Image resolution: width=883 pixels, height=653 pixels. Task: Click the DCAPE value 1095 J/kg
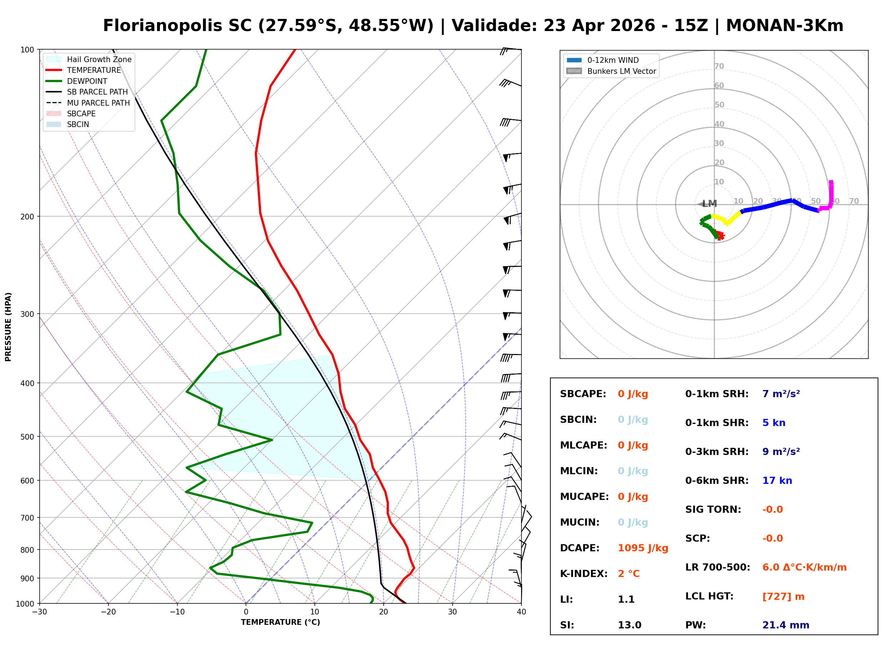pos(643,548)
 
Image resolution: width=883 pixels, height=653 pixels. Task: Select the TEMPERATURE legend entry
pos(94,70)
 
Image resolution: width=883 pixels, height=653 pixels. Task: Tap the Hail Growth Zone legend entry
pos(99,59)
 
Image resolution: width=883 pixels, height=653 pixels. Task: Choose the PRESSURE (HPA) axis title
pos(8,326)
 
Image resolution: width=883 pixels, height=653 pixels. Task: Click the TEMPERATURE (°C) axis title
pos(280,622)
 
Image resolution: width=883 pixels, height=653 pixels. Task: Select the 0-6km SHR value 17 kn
pos(777,480)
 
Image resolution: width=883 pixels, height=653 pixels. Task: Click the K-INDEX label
pos(584,573)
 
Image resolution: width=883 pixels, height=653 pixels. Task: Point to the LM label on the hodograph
pos(710,203)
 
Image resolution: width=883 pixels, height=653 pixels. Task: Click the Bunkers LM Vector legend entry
pos(621,71)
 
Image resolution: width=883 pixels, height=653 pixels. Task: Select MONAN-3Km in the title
pos(784,26)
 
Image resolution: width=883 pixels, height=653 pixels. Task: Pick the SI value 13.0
pos(629,625)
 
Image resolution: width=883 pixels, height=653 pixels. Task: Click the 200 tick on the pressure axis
pos(27,217)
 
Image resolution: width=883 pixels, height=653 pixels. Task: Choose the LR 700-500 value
pos(804,567)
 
